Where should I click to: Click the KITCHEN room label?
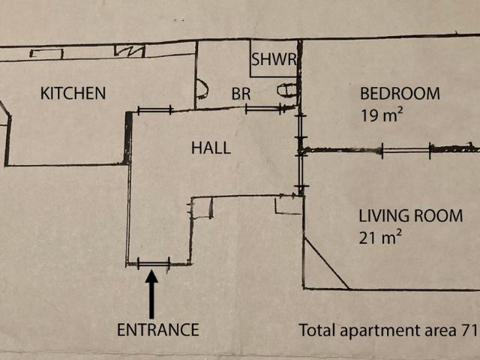pos(73,93)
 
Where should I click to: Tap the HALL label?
pos(211,148)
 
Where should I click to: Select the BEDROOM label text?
pos(400,94)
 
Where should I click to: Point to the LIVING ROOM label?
pos(410,216)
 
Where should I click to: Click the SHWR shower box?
pos(274,58)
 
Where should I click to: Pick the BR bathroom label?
pos(241,94)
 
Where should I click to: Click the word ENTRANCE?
pos(158,330)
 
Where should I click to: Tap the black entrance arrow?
pos(151,295)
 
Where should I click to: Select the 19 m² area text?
pos(382,115)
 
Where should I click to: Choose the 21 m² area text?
pos(380,238)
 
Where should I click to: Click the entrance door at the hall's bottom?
pos(154,264)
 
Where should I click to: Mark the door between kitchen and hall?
pos(155,110)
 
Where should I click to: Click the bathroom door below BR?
pos(264,108)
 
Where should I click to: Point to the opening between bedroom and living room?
pos(406,150)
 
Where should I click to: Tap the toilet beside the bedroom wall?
pos(287,90)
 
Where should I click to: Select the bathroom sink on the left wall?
pos(202,89)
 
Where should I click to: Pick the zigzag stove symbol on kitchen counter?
pos(130,51)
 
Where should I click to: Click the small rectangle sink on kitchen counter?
pos(46,54)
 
